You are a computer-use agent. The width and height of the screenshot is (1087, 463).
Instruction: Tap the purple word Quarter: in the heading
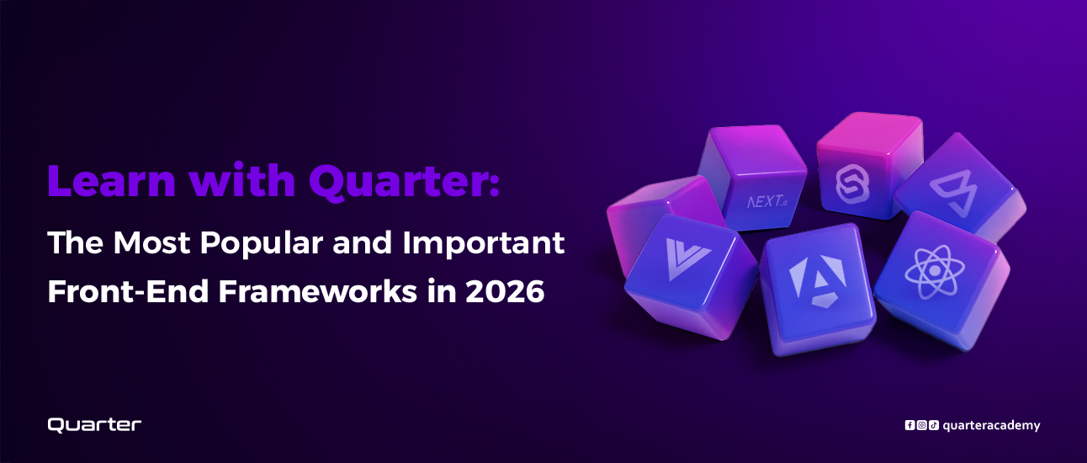click(x=404, y=183)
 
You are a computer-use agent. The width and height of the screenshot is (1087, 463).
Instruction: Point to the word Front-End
click(x=128, y=291)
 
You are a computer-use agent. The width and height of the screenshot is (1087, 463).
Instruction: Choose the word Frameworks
click(x=318, y=291)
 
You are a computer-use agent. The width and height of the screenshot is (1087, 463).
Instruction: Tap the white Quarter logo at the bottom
click(x=94, y=425)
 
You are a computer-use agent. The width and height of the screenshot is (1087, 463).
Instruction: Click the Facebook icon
click(x=909, y=425)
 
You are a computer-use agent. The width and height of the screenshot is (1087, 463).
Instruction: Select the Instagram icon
click(x=921, y=425)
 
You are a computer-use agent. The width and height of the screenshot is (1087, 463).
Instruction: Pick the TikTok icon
click(x=934, y=425)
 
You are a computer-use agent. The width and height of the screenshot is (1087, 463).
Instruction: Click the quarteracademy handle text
click(x=991, y=426)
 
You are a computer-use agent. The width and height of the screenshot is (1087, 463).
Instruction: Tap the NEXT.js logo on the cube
click(x=767, y=201)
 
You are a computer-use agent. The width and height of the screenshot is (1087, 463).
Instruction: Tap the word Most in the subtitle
click(x=151, y=242)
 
